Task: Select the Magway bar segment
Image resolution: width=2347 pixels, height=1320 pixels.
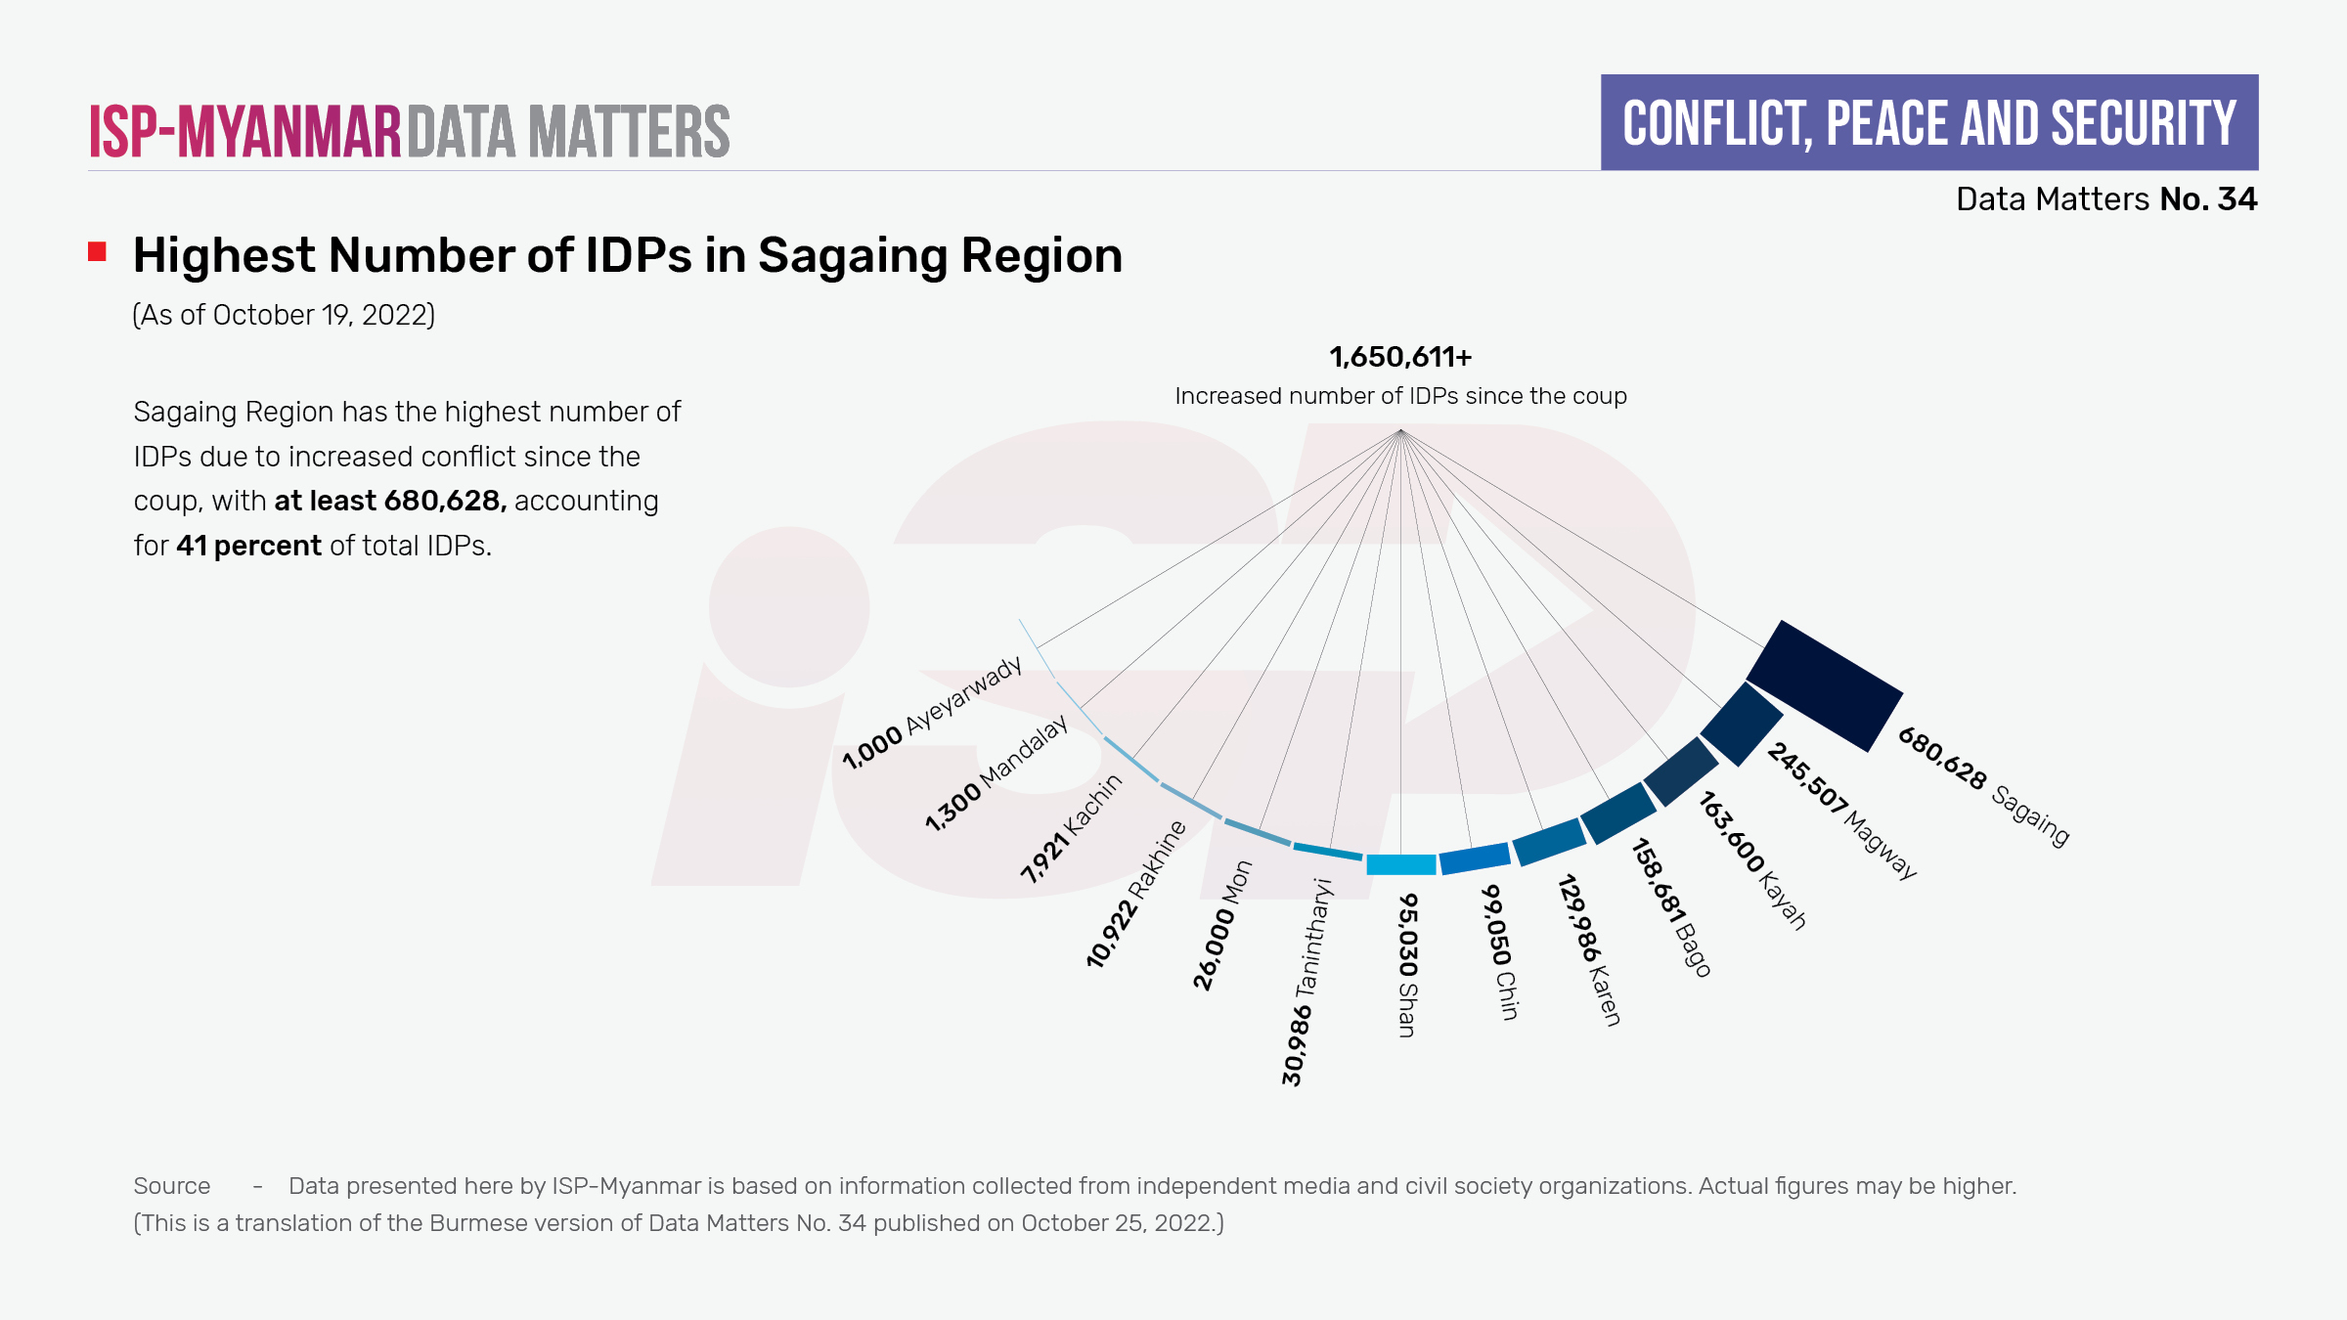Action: (x=1742, y=725)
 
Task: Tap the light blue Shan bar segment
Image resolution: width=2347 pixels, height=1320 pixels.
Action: (x=1400, y=864)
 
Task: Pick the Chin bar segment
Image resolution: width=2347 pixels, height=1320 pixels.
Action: (x=1475, y=858)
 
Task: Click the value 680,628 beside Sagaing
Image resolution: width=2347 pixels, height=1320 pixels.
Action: (x=1942, y=759)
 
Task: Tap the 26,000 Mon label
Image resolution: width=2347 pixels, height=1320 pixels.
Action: (x=1222, y=925)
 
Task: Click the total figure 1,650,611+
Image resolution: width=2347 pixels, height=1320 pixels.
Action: (x=1400, y=357)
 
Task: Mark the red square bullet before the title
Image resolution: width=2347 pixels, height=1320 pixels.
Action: (x=97, y=252)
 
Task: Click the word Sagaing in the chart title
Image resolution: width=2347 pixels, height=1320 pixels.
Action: (x=852, y=256)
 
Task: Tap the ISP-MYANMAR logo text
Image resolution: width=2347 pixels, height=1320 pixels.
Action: (x=245, y=131)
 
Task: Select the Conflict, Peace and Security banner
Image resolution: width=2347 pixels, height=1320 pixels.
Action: (x=1928, y=123)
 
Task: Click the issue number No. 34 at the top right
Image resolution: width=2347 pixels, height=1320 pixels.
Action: (x=2208, y=199)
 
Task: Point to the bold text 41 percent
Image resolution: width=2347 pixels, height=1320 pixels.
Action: (x=248, y=546)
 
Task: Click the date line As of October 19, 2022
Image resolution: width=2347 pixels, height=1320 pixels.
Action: (x=284, y=315)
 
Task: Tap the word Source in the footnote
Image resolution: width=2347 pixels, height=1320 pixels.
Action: (x=172, y=1186)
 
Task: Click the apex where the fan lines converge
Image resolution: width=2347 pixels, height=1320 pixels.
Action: (x=1400, y=430)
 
